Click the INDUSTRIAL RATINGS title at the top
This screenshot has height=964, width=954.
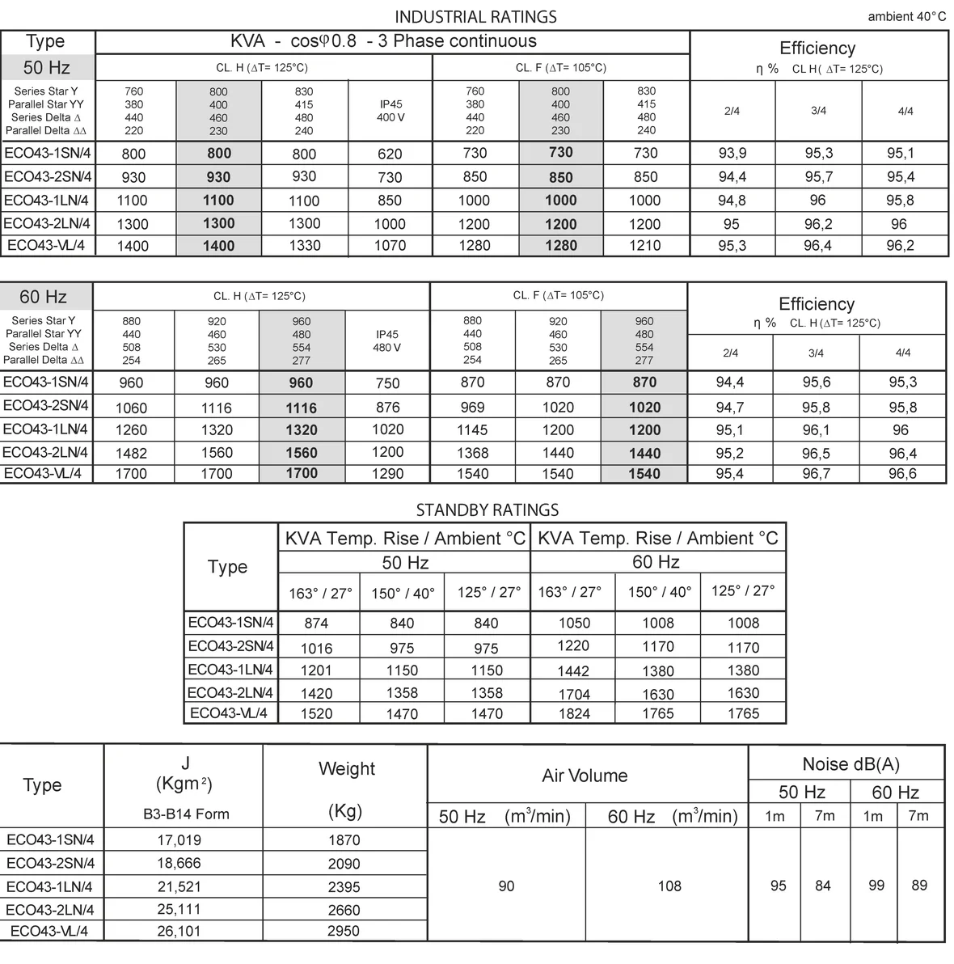[x=475, y=16]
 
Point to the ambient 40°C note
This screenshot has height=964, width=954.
[x=906, y=17]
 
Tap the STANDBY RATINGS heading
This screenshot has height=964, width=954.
[x=487, y=509]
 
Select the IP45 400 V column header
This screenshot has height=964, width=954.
[x=390, y=111]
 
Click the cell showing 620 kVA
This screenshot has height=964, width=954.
[x=390, y=154]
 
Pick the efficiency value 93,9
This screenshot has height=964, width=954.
[x=732, y=153]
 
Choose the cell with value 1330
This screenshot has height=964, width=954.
[x=305, y=246]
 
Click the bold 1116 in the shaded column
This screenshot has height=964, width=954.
[x=302, y=408]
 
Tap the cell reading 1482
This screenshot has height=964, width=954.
[x=131, y=454]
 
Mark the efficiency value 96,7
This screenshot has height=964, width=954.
[x=816, y=474]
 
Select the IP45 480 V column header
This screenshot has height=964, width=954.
[x=387, y=340]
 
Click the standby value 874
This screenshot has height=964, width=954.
[x=316, y=624]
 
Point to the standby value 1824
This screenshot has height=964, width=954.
[x=573, y=714]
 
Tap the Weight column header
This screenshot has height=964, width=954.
[x=347, y=769]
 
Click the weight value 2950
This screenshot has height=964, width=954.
[x=344, y=932]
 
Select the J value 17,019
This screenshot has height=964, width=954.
[x=179, y=840]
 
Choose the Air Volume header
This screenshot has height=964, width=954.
[x=585, y=776]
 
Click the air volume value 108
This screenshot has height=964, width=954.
[x=669, y=886]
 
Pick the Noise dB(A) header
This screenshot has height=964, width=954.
[x=851, y=764]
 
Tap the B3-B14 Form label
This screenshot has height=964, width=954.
[x=186, y=814]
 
